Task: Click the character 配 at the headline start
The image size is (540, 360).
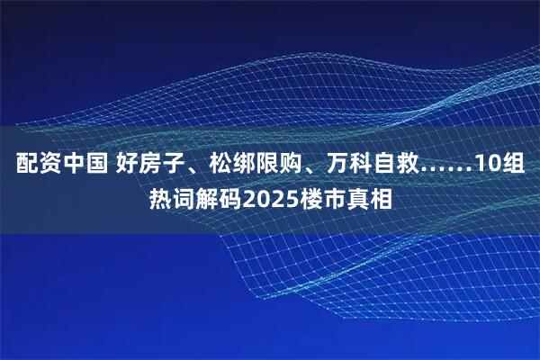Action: click(26, 166)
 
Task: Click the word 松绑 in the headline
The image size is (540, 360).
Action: click(229, 166)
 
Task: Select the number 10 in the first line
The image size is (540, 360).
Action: click(487, 166)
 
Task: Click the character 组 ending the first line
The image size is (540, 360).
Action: click(517, 166)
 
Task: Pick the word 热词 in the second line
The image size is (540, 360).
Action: click(170, 196)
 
